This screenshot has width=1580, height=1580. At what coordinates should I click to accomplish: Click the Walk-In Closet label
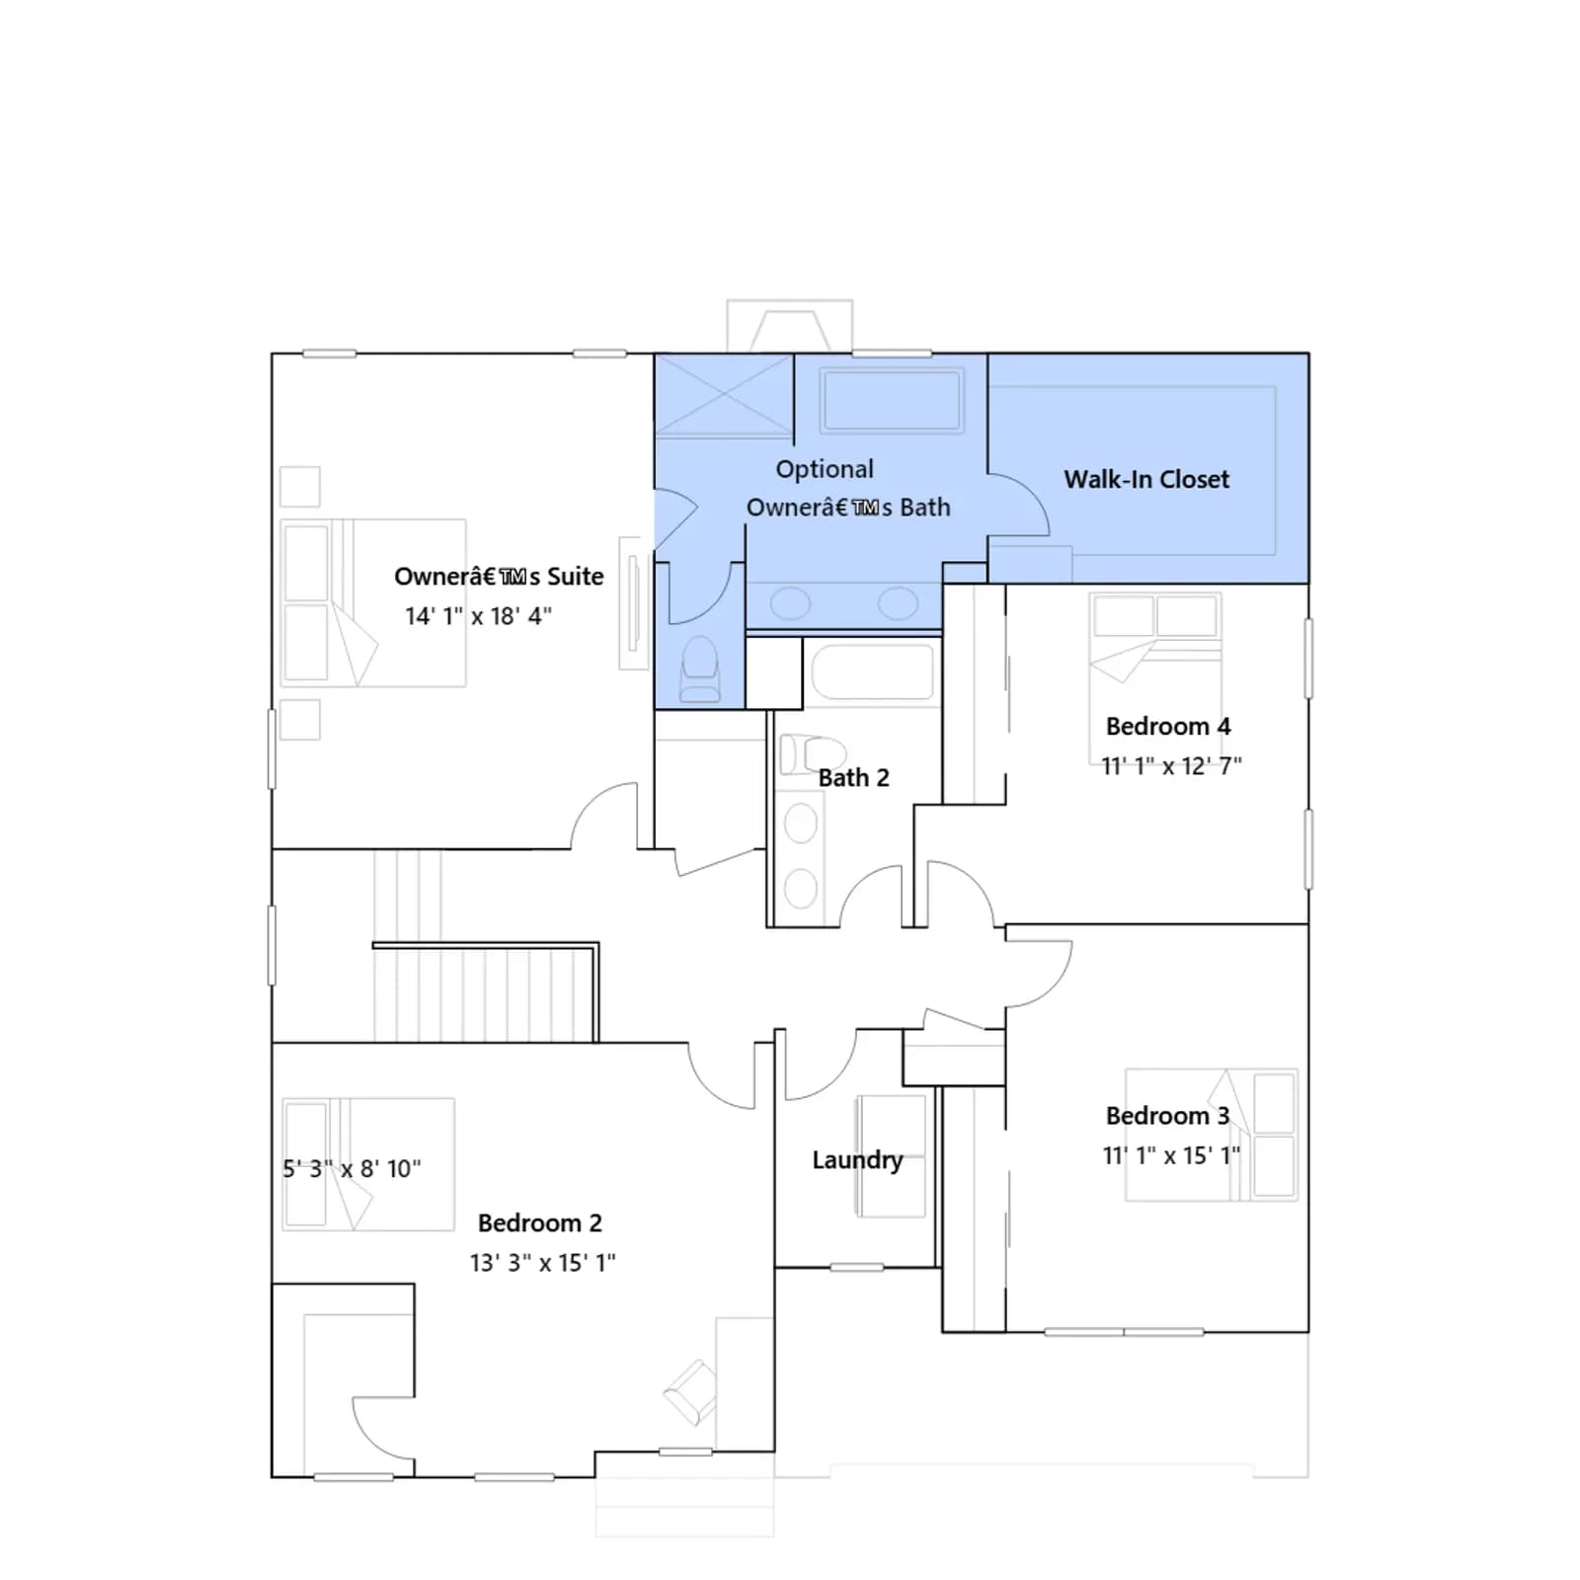coord(1146,480)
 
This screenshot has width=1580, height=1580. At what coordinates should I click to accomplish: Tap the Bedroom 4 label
coord(1168,727)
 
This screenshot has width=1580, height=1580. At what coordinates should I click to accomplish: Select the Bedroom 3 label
coord(1167,1116)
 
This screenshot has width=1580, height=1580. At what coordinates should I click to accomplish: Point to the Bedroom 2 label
coord(540,1224)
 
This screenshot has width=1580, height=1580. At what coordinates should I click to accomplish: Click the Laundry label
coord(857,1160)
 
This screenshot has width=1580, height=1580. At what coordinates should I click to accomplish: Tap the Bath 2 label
coord(853,778)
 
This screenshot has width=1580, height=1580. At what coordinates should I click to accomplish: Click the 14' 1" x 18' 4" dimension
coord(478,616)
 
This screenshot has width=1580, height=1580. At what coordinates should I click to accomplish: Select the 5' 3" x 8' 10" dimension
coord(352,1169)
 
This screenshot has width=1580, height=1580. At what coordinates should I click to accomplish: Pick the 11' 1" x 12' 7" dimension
coord(1171,766)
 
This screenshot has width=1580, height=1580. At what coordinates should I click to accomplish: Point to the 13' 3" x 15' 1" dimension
coord(542,1263)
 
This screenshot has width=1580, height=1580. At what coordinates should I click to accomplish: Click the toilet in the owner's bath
coord(700,670)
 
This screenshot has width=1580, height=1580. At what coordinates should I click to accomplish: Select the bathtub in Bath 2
coord(873,672)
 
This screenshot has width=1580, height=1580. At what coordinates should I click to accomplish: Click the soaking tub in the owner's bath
coord(892,400)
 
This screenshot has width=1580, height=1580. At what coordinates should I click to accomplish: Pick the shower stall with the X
coord(724,395)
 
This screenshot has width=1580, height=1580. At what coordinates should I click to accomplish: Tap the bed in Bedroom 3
coord(1212,1135)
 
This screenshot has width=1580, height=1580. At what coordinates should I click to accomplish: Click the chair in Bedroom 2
coord(690,1392)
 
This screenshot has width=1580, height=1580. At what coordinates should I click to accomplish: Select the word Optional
coord(825,470)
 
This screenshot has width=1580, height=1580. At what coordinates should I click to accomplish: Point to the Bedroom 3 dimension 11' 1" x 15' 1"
coord(1171,1155)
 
